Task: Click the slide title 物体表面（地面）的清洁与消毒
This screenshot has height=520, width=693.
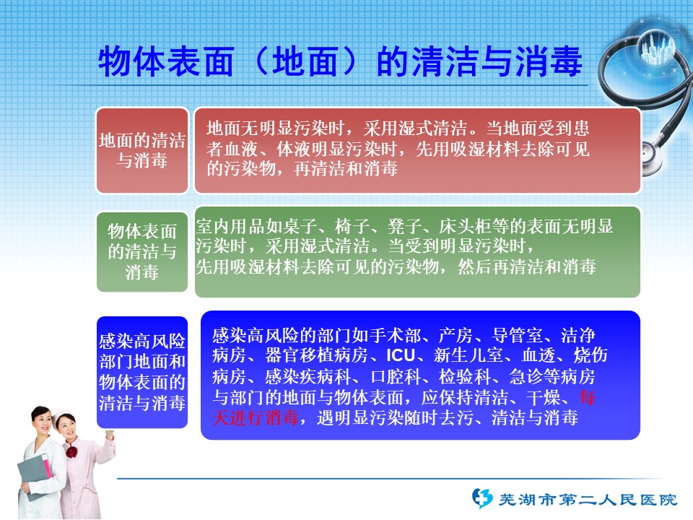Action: (x=340, y=62)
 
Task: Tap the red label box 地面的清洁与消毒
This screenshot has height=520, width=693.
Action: (x=142, y=150)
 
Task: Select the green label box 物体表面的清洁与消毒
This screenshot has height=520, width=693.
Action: (x=142, y=251)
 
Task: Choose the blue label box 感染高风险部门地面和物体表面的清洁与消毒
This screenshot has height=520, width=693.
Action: (x=142, y=373)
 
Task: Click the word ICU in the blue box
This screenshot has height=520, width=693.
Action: (x=401, y=355)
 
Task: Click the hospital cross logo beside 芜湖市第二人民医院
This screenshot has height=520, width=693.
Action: (x=482, y=498)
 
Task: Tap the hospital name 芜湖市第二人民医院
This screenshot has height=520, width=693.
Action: (x=588, y=500)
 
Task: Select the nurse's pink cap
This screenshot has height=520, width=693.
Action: (x=62, y=416)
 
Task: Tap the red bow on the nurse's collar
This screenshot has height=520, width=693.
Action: (x=71, y=452)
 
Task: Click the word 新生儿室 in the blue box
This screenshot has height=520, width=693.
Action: (x=468, y=355)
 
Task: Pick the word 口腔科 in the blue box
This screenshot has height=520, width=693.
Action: (x=396, y=377)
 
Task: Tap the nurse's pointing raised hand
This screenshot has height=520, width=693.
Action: (x=109, y=435)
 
